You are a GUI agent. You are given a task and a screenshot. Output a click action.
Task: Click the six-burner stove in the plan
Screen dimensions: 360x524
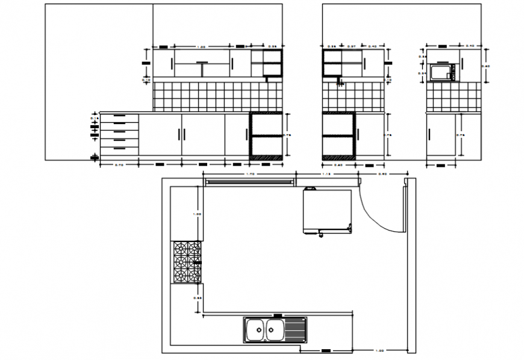point(187,262)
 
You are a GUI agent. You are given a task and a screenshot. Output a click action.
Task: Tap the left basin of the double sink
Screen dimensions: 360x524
point(255,329)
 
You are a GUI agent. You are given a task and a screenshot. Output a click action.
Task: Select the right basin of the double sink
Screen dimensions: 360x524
point(274,329)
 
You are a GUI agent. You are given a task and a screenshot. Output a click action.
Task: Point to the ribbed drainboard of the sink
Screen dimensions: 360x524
point(296,329)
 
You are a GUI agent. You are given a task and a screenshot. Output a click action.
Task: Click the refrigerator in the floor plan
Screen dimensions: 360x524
point(328,210)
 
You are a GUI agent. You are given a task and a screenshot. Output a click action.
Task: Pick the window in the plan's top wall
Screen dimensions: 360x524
point(249,180)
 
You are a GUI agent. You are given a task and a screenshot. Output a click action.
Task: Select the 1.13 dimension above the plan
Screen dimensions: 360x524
point(326,175)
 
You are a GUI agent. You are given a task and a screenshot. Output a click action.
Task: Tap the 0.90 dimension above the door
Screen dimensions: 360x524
point(382,175)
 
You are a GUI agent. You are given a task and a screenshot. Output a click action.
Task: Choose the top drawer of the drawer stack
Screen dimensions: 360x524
point(119,116)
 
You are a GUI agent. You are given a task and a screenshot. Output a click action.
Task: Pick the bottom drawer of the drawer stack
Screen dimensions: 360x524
point(119,149)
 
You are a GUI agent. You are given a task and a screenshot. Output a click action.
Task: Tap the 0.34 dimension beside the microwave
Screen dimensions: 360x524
point(422,73)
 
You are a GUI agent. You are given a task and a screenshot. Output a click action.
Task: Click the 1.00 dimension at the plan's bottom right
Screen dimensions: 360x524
point(380,350)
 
